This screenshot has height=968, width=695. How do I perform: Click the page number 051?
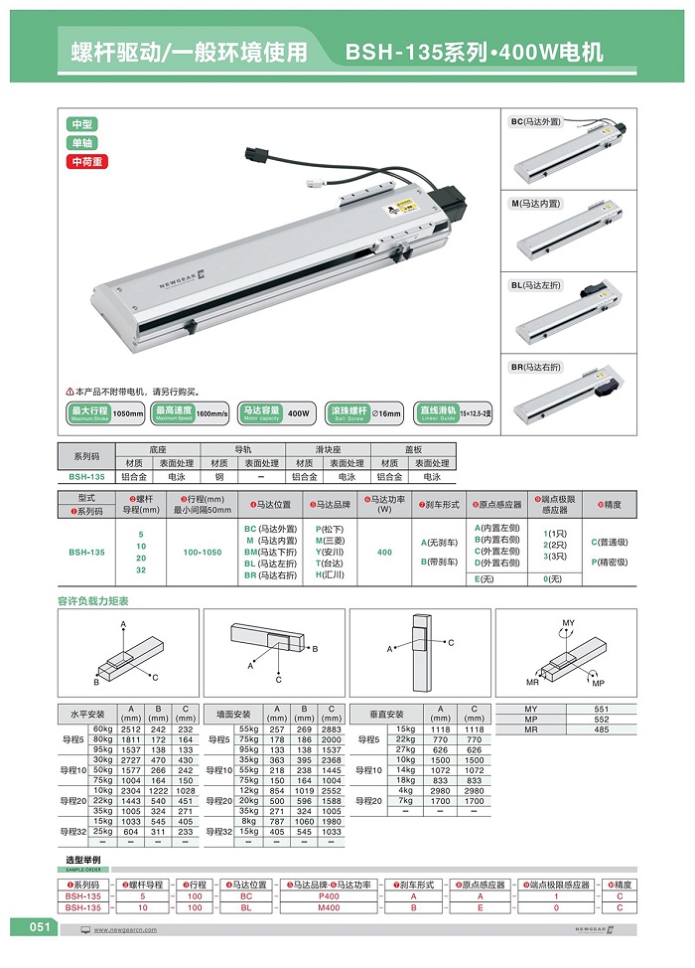pyautogui.click(x=39, y=927)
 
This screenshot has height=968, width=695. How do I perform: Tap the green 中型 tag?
pyautogui.click(x=81, y=124)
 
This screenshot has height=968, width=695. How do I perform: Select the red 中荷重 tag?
pyautogui.click(x=85, y=161)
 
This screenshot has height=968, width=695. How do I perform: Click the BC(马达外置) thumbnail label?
pyautogui.click(x=535, y=121)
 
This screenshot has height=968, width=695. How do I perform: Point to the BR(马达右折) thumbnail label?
pyautogui.click(x=535, y=367)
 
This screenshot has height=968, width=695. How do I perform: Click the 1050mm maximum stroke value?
pyautogui.click(x=129, y=412)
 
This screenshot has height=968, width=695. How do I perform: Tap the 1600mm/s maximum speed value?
pyautogui.click(x=212, y=412)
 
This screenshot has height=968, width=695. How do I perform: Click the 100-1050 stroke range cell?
pyautogui.click(x=198, y=552)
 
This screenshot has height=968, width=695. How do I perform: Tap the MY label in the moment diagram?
pyautogui.click(x=568, y=623)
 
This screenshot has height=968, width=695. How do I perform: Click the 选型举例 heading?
pyautogui.click(x=82, y=859)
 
